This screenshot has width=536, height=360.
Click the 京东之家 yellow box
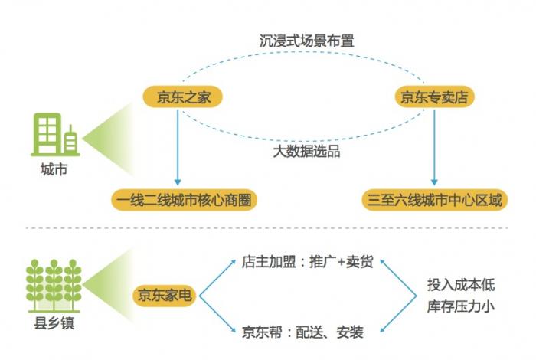[x=178, y=97]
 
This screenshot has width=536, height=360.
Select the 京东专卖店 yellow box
[x=434, y=97]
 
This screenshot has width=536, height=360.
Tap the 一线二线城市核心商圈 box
[x=181, y=201]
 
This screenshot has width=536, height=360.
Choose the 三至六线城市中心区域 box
[x=433, y=201]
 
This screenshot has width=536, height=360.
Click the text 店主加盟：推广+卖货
[x=307, y=263]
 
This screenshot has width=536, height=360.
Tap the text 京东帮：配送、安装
[x=302, y=332]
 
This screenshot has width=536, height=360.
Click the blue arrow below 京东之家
[x=178, y=149]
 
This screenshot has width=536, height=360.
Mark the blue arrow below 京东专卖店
[x=434, y=149]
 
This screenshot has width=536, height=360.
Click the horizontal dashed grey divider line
[x=268, y=228]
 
